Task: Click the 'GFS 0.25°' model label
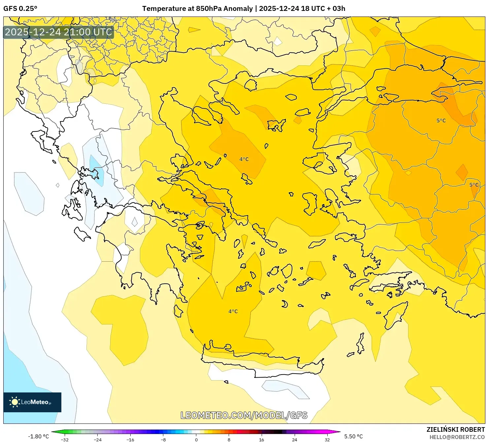point(20,9)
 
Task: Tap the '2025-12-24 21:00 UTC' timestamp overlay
point(58,32)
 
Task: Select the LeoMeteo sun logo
point(15,402)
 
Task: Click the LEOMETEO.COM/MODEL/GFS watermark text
point(244,415)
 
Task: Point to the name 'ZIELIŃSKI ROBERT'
point(455,429)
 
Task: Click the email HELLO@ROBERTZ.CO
point(457,437)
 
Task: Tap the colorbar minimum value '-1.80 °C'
point(38,436)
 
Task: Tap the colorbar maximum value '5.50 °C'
point(353,436)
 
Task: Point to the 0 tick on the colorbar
point(196,439)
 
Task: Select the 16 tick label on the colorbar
point(261,439)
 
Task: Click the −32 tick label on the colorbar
point(65,439)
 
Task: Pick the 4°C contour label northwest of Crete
point(233,311)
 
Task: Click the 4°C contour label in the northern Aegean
point(244,159)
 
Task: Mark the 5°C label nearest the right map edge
point(474,185)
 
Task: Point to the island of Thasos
point(250,85)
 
